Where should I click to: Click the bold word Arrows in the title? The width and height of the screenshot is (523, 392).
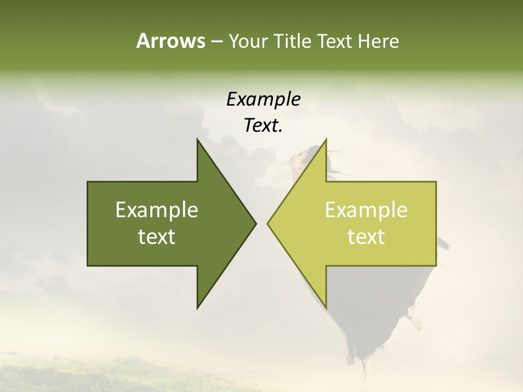[170, 41]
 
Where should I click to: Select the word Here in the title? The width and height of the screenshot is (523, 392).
[379, 41]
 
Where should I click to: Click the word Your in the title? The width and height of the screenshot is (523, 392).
[248, 41]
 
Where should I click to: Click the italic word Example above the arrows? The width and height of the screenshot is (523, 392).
[263, 99]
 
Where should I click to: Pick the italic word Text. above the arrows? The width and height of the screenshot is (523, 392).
[263, 126]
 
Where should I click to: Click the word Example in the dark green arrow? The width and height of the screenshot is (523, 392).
[157, 210]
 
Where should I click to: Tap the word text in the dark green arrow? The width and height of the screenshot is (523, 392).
[157, 236]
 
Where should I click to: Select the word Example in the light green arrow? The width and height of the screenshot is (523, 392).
[366, 210]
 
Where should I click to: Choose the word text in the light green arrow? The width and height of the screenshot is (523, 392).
[366, 236]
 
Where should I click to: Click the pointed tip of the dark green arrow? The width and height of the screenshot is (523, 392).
[256, 223]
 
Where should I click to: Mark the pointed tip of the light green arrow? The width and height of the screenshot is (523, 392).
[267, 223]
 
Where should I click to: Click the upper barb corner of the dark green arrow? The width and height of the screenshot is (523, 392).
[197, 139]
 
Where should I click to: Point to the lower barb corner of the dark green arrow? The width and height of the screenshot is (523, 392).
[197, 308]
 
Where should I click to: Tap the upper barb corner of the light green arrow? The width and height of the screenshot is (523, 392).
[326, 139]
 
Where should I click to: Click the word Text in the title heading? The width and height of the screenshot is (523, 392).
[336, 41]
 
